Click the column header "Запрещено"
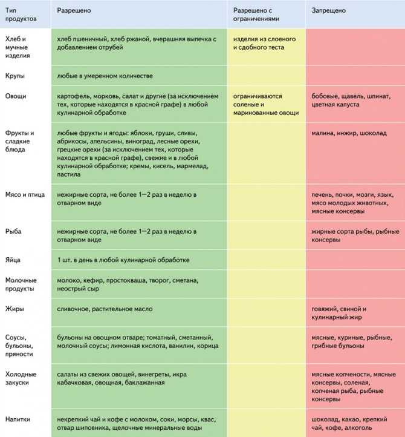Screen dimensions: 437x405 [329, 11]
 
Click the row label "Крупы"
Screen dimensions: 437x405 [16, 76]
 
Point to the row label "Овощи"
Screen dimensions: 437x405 [16, 96]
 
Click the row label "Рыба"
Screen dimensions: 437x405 [14, 231]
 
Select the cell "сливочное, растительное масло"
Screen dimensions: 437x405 [105, 309]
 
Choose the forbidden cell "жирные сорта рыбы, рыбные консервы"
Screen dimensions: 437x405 [355, 235]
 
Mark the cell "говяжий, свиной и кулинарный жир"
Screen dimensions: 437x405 [339, 313]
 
